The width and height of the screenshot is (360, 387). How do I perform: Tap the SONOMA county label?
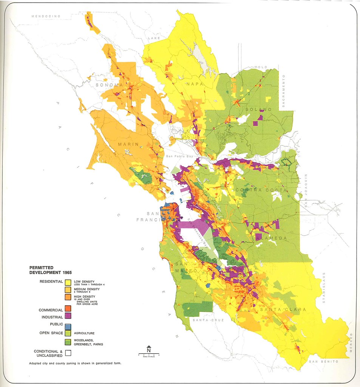109,85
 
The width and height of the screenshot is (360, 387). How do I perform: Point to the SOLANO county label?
258,109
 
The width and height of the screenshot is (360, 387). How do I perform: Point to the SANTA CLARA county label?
283,310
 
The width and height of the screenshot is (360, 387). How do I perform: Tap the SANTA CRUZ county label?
208,320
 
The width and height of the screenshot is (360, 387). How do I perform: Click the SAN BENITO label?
323,362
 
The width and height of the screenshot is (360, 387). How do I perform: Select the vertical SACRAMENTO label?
283,91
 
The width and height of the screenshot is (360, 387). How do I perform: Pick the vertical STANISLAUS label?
324,287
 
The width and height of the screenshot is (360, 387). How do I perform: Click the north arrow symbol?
149,349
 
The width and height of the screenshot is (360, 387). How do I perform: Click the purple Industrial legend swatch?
68,315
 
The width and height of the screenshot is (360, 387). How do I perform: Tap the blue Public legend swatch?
68,325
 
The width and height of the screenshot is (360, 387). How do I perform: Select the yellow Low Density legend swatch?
68,282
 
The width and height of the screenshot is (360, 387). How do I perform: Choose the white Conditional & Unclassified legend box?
68,353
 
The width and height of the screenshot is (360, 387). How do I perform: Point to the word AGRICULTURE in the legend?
84,333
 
